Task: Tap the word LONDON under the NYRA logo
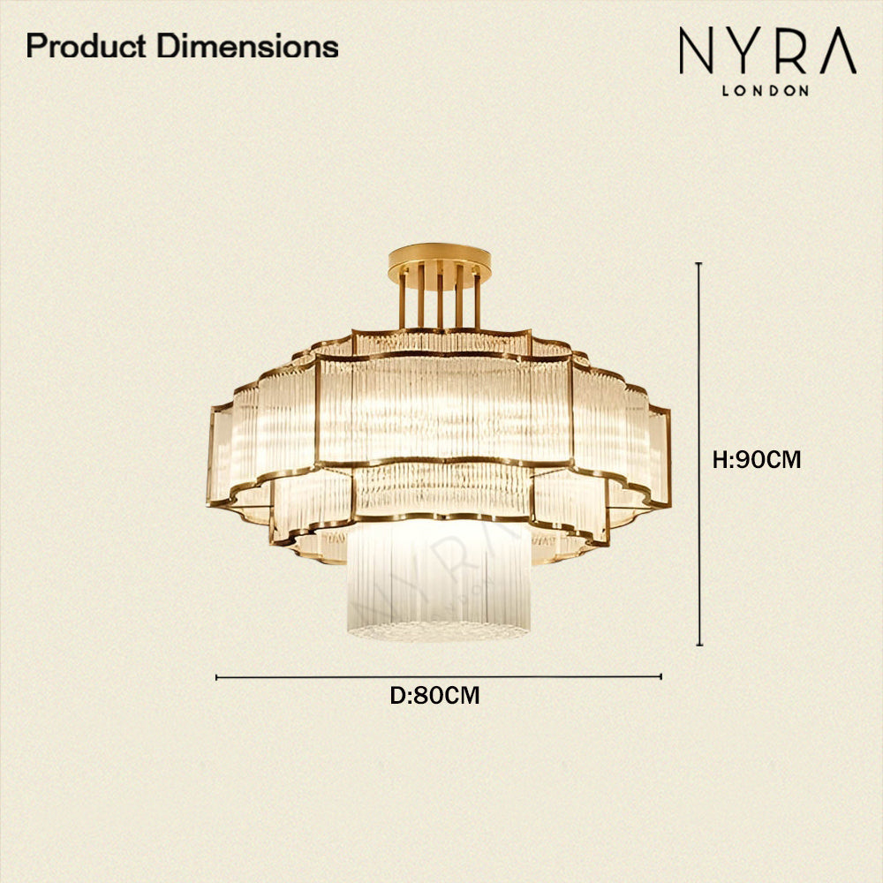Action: [x=766, y=90]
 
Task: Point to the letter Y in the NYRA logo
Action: [x=747, y=51]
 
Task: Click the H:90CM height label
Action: [x=757, y=460]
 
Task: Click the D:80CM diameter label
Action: [x=435, y=696]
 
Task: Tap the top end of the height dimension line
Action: [x=699, y=264]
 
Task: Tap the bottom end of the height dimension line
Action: [x=699, y=645]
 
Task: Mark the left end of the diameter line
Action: [x=217, y=677]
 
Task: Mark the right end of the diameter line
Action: [x=660, y=677]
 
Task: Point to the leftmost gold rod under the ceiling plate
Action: [x=402, y=300]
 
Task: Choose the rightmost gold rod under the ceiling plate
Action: [x=478, y=300]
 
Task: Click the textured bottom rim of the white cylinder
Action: [x=438, y=630]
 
